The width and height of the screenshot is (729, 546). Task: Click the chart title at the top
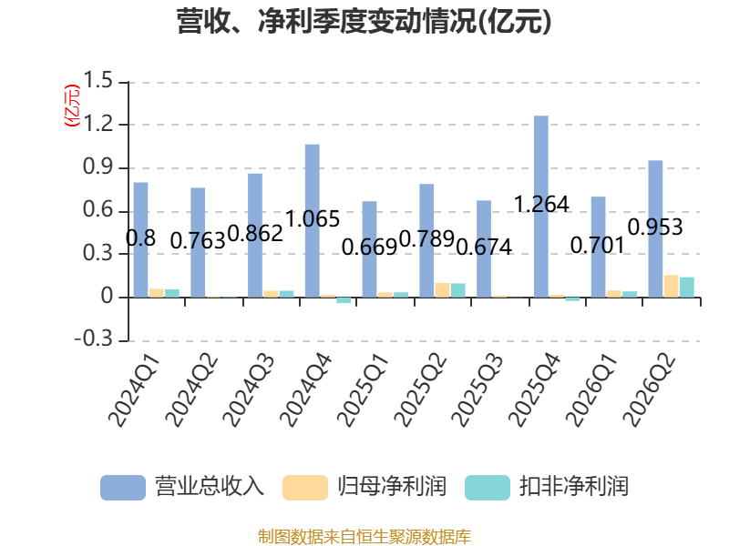(x=364, y=21)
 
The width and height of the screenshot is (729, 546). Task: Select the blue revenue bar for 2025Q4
(x=540, y=207)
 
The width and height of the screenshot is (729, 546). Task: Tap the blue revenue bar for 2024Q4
(x=313, y=221)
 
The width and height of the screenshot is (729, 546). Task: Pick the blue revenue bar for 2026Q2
(x=655, y=229)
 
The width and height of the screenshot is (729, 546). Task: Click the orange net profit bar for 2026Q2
(x=671, y=286)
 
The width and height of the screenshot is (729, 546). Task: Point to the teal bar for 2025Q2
(x=458, y=290)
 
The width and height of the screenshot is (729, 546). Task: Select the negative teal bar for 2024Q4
(x=344, y=300)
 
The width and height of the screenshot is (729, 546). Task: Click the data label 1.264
(x=541, y=204)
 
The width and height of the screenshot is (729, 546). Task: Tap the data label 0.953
(x=655, y=227)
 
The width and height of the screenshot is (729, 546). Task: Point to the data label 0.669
(x=369, y=247)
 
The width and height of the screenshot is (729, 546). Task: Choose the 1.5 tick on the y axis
(x=98, y=81)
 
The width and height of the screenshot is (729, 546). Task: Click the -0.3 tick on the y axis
(x=94, y=339)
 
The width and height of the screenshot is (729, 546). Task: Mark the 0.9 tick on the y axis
(x=98, y=167)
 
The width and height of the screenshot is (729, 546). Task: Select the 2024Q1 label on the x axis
(x=134, y=390)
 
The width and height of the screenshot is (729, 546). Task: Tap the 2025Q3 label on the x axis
(x=477, y=390)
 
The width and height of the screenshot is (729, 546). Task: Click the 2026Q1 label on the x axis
(x=591, y=390)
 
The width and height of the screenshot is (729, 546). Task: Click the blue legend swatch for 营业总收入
(x=123, y=488)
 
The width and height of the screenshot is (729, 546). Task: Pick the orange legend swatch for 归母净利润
(x=305, y=488)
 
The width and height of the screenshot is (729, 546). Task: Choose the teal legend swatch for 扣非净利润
(x=488, y=488)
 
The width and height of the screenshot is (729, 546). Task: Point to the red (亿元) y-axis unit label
(x=72, y=106)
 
